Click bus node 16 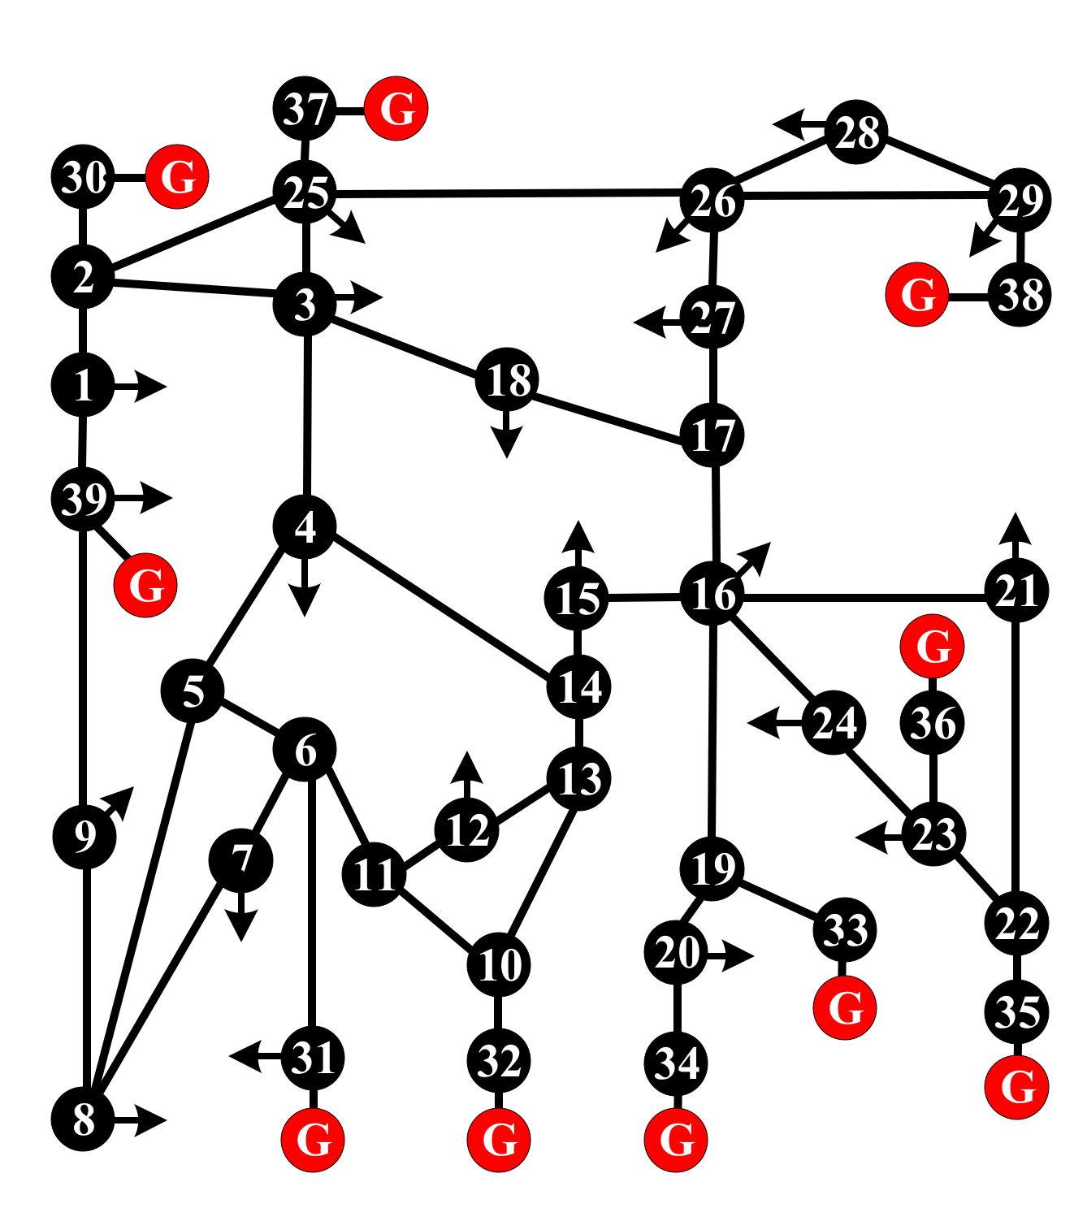tap(712, 595)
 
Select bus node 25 tap(305, 193)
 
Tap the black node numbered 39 tap(83, 498)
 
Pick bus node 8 tap(83, 1119)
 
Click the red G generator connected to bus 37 tap(396, 108)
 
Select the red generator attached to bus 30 tap(178, 176)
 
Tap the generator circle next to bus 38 tap(917, 294)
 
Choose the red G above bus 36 tap(933, 647)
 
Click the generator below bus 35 tap(1016, 1086)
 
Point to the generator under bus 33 tap(845, 1007)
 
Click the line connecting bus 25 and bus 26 tap(504, 193)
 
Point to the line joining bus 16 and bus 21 tap(861, 597)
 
